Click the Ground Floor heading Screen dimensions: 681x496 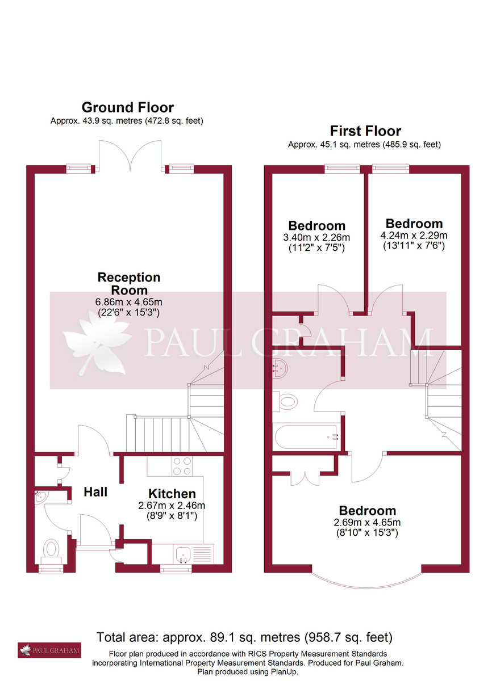[127, 107]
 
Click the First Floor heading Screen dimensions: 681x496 [365, 131]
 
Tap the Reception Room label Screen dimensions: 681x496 [129, 284]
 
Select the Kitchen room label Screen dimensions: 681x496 [172, 494]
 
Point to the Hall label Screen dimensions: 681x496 [95, 491]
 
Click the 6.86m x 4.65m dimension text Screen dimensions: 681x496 [129, 301]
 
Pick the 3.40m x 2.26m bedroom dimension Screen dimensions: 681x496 [317, 237]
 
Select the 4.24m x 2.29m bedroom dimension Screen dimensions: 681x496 [414, 235]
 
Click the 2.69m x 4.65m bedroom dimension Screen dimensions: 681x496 [366, 523]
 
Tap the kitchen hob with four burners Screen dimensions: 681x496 [182, 466]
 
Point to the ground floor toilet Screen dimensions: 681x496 [51, 549]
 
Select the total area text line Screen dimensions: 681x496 [244, 637]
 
